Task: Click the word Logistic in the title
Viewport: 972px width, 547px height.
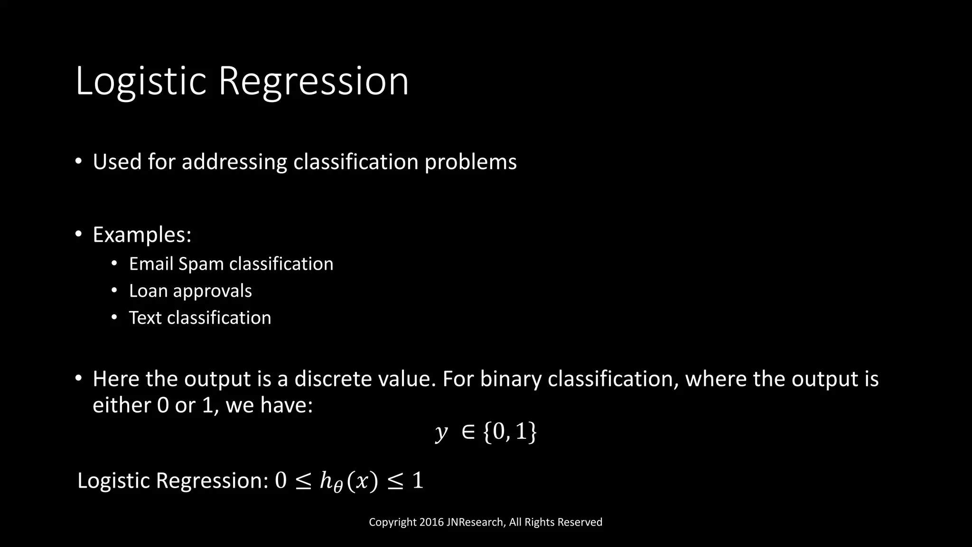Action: tap(140, 82)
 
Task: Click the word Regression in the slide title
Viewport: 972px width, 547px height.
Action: tap(313, 82)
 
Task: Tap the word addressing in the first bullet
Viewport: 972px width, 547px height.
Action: tap(234, 162)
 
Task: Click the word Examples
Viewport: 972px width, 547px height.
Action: tap(141, 235)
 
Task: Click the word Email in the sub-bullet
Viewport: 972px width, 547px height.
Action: tap(151, 264)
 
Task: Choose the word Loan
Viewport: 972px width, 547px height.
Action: tap(148, 291)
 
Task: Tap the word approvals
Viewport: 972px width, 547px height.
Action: tap(212, 291)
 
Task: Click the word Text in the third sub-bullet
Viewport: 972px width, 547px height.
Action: tap(145, 318)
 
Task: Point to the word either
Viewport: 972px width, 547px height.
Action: tap(121, 405)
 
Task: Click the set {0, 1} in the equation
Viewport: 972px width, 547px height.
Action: tap(510, 432)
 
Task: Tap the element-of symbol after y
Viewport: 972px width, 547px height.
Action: tap(468, 432)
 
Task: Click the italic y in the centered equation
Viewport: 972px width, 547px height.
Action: tap(441, 432)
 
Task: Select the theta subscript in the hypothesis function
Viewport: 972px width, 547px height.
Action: tap(337, 487)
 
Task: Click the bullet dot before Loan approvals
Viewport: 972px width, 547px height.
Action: tap(114, 290)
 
